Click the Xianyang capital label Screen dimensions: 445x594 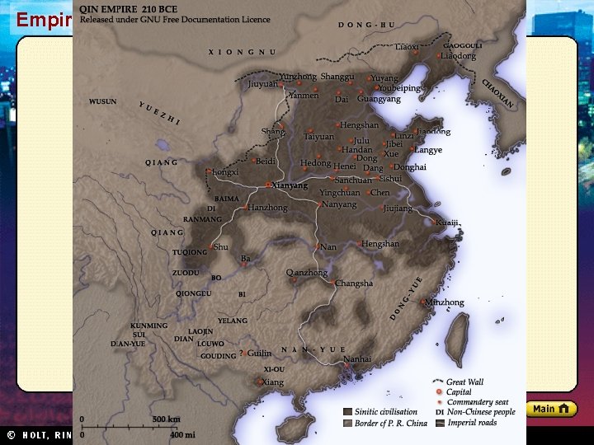click(289, 185)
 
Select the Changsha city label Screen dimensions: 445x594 click(354, 283)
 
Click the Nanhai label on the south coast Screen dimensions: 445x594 click(357, 359)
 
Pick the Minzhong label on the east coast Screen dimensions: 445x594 click(445, 302)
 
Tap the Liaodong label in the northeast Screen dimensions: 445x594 click(459, 56)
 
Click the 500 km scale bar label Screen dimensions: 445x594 click(166, 419)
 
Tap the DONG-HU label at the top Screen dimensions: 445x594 click(366, 26)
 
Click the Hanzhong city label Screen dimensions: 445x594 click(268, 208)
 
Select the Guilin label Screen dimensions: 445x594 click(259, 353)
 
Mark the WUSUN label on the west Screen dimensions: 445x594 click(103, 102)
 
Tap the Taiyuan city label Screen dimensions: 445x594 click(319, 137)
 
